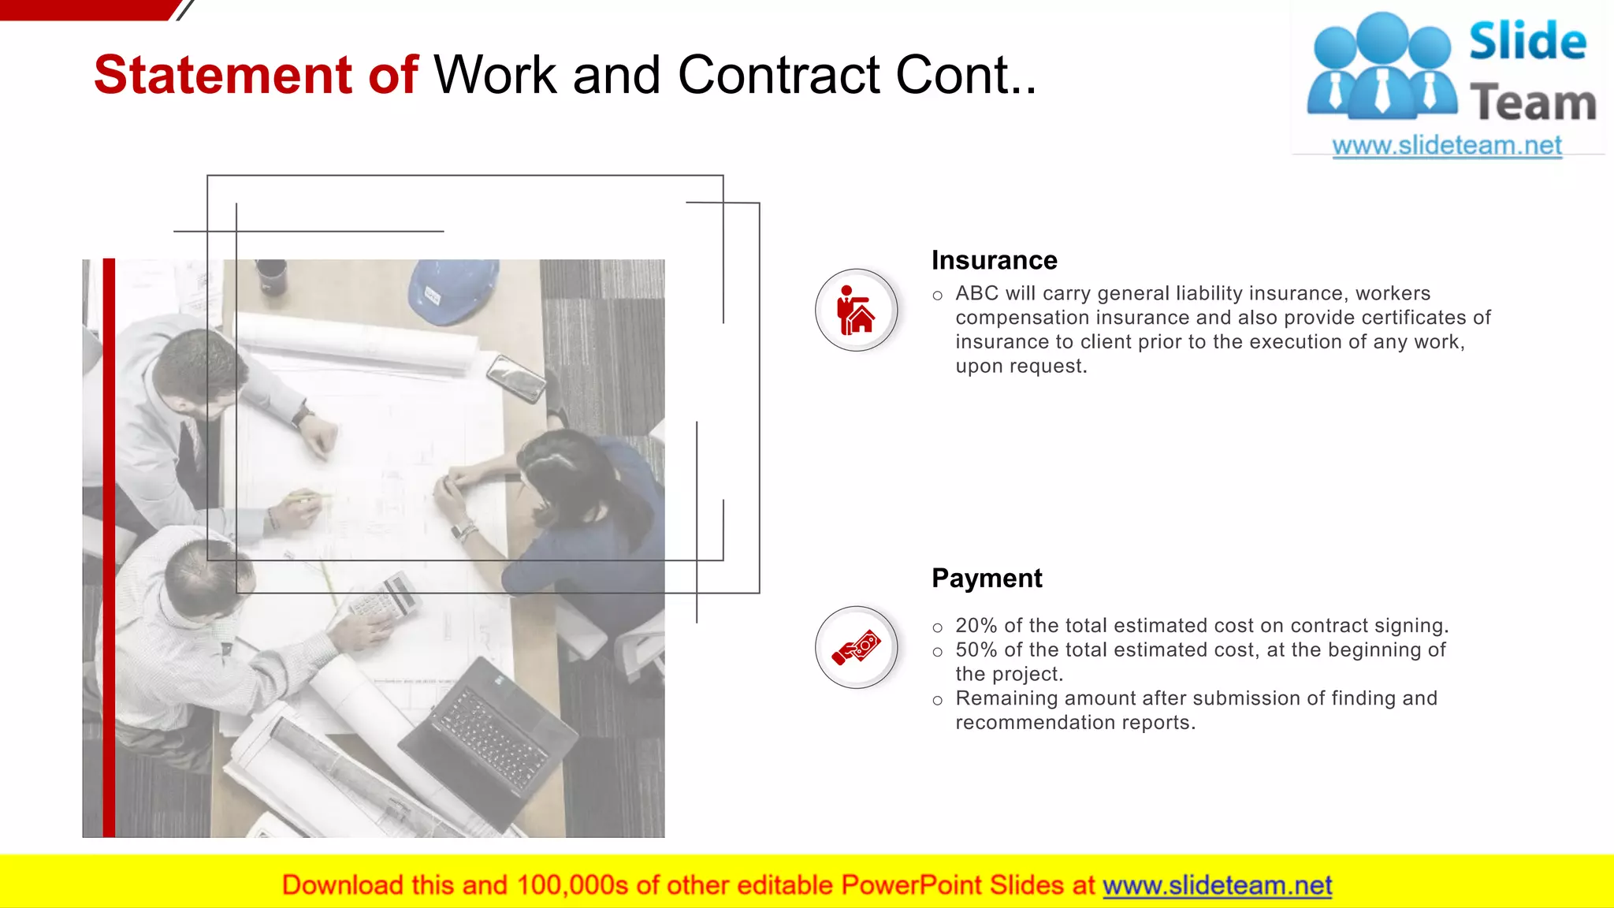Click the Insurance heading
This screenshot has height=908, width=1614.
click(x=994, y=260)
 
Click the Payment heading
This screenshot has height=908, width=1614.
click(x=986, y=578)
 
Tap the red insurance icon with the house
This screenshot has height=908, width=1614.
click(x=856, y=311)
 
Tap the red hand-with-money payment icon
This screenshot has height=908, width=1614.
click(x=856, y=647)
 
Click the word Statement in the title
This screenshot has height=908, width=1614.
click(x=223, y=75)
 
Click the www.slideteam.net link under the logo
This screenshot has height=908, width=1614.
click(x=1446, y=146)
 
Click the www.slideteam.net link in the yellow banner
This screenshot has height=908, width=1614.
click(x=1217, y=885)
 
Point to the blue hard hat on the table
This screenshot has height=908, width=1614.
click(x=452, y=290)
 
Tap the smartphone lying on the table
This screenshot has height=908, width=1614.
click(x=516, y=378)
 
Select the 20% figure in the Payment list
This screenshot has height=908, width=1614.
click(x=976, y=626)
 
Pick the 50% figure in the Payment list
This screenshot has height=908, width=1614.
click(x=976, y=650)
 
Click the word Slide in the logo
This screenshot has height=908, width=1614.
click(x=1527, y=42)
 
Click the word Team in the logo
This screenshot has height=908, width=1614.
click(x=1533, y=103)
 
